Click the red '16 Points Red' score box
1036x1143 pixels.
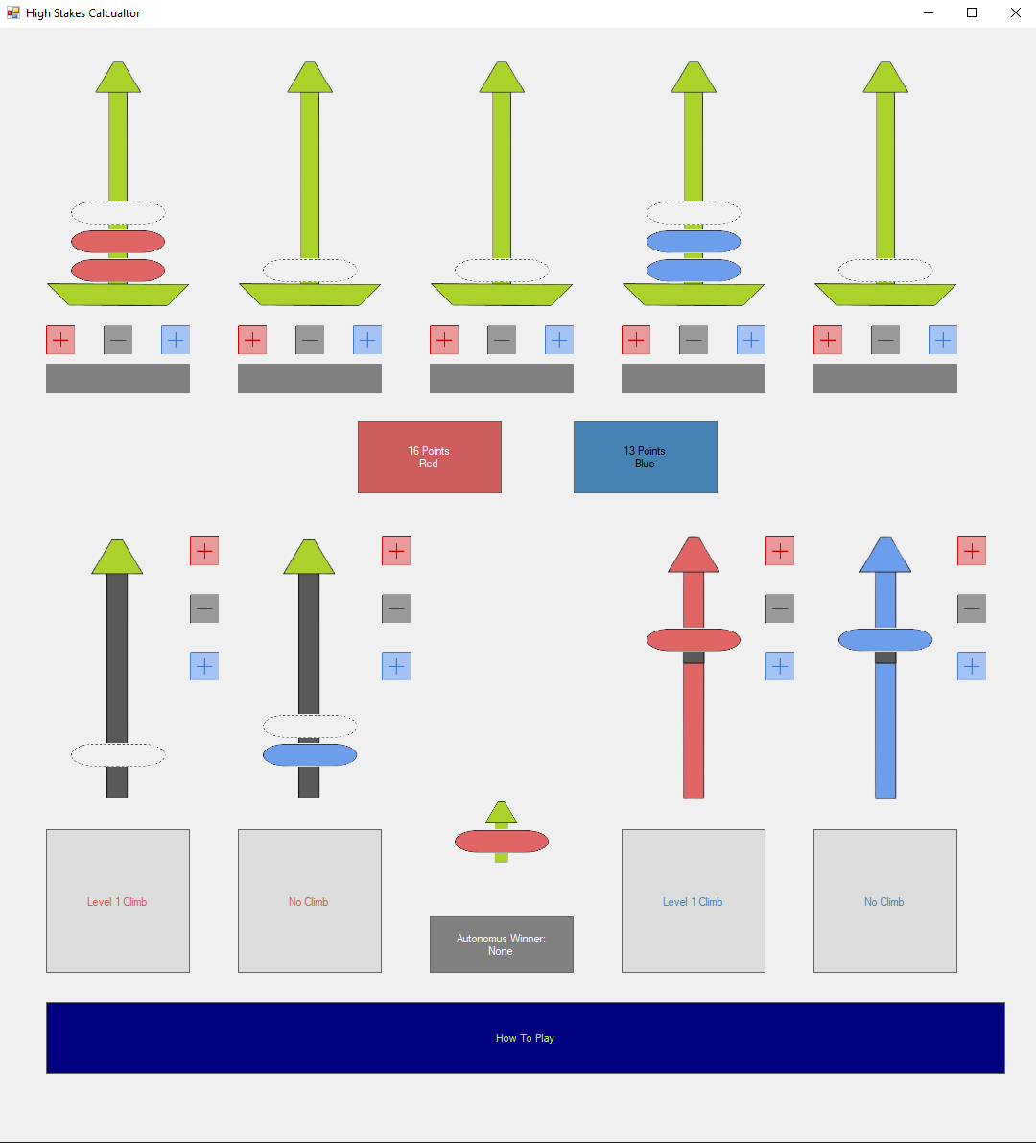429,457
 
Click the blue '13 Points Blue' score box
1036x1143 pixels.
645,457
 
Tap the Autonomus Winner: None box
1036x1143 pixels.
501,944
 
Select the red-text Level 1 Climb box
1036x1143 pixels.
117,901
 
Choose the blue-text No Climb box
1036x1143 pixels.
884,901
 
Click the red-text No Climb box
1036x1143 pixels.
309,901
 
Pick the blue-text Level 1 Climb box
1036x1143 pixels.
693,901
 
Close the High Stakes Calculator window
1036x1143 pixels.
1015,13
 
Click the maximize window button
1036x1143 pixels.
972,13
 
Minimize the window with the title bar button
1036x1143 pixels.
929,13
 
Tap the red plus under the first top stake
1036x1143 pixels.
60,340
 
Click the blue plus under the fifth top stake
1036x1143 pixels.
943,340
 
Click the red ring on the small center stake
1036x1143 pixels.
501,842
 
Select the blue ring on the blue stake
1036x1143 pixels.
884,639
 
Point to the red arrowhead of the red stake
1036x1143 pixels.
693,556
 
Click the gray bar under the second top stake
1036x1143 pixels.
309,378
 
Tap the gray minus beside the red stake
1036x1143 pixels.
780,608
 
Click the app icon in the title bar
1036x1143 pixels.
12,13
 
